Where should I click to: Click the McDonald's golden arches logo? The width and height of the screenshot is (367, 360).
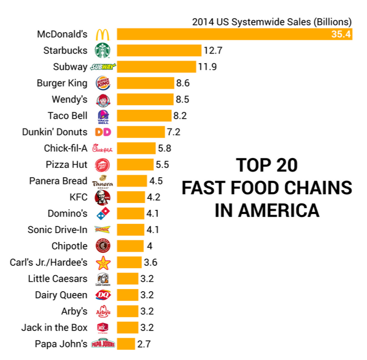(102, 35)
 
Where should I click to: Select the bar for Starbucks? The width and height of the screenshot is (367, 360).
(159, 51)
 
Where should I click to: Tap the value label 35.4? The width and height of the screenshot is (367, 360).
(341, 35)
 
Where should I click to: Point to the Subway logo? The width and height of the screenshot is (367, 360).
(102, 67)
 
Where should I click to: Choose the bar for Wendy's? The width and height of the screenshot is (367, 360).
(145, 99)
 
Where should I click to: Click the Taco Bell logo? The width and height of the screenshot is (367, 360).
(102, 116)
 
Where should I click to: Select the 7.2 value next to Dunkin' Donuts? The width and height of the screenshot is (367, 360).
(173, 132)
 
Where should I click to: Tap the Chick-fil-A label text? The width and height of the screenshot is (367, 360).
(65, 148)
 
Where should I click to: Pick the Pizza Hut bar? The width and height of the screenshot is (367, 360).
(136, 165)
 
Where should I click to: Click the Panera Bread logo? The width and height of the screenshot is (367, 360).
(102, 181)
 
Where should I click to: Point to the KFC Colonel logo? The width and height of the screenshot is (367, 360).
(102, 197)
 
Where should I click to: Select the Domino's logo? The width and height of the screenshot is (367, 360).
(102, 213)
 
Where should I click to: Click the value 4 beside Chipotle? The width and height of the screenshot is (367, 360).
(150, 246)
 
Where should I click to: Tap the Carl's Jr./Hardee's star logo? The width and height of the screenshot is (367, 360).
(102, 262)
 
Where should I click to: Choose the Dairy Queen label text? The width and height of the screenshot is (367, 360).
(61, 295)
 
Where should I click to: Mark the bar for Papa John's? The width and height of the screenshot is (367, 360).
(126, 343)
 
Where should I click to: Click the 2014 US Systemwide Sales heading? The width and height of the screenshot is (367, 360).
(271, 22)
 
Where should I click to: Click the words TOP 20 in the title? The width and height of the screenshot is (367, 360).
(267, 165)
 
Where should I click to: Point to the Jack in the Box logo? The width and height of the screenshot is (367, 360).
(102, 327)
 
